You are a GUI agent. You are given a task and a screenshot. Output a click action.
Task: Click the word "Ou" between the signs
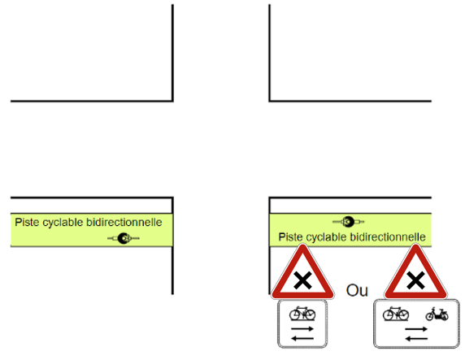(357, 290)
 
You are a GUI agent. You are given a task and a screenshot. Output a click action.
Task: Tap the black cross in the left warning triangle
(302, 280)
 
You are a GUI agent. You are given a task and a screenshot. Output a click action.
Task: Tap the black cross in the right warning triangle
(415, 280)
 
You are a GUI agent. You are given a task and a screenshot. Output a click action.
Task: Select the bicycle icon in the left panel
(302, 314)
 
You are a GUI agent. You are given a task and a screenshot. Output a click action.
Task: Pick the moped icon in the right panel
(437, 314)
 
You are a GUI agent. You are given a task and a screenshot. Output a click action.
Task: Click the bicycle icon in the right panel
(396, 314)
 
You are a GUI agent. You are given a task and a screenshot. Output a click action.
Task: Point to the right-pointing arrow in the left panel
(302, 328)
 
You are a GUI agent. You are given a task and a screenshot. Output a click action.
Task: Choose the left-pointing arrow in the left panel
(302, 338)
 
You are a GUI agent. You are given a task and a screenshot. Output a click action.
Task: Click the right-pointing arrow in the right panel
(416, 329)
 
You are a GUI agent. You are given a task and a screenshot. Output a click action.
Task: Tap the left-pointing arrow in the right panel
(416, 338)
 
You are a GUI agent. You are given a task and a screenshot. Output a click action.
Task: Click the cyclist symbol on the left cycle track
(124, 238)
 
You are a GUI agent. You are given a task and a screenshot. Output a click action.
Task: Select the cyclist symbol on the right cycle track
(349, 222)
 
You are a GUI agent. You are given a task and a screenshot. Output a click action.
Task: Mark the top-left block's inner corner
(172, 101)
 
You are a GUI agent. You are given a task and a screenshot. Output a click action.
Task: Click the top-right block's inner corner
(270, 101)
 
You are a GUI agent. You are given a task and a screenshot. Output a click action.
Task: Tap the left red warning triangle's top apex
(302, 245)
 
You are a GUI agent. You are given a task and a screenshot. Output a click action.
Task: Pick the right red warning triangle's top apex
(415, 245)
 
